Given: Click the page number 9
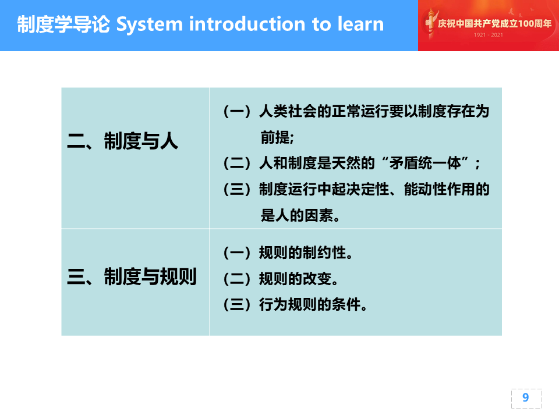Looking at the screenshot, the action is point(525,397).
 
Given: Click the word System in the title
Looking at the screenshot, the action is point(150,25).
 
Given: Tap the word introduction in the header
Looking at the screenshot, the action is point(247,24).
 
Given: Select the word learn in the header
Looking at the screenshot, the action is point(360,24).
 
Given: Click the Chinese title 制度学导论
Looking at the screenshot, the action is point(63,24).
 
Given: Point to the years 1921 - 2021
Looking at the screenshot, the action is point(488,35).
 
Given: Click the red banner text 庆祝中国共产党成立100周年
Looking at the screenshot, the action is point(494,23).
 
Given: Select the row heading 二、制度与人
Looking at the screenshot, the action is point(122,140).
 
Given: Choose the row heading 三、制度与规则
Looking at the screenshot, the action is point(132,276).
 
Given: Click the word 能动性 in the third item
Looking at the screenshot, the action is point(425,189).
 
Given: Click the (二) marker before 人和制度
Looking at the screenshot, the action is point(237,163).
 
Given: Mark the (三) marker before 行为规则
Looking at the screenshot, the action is point(237,304).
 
